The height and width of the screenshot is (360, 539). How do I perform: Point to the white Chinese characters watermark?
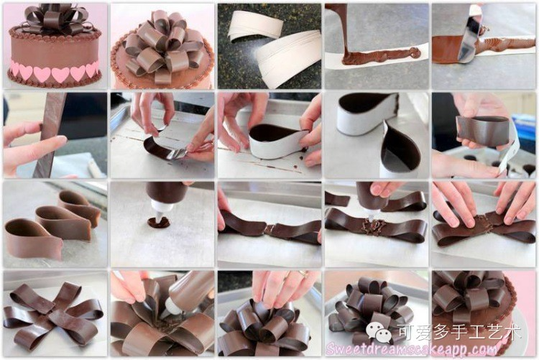(x=460, y=332)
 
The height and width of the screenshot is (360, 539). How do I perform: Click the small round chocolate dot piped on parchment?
(x=159, y=223)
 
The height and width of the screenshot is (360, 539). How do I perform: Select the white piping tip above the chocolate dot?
(x=159, y=210)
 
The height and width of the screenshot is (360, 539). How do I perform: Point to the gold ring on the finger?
(x=303, y=274)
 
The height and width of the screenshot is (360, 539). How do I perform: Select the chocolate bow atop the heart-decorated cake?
(x=55, y=19)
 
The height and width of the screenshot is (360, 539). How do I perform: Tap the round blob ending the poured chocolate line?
(x=413, y=52)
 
